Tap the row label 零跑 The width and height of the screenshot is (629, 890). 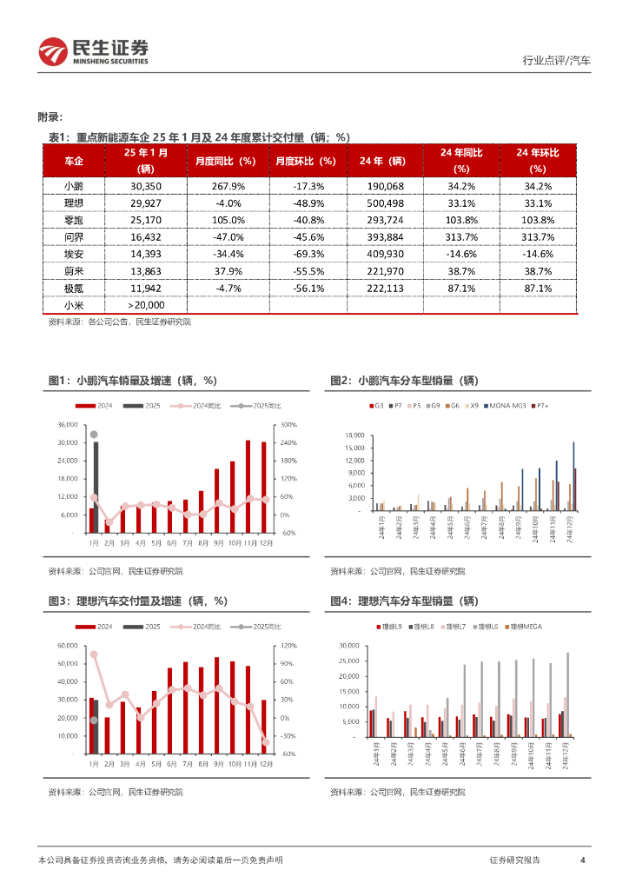tap(74, 220)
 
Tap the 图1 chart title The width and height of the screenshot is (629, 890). tap(132, 381)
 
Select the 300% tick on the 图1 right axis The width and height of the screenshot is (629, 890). tap(288, 425)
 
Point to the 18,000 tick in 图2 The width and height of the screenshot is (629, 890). tap(352, 435)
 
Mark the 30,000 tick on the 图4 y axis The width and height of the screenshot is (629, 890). tap(352, 646)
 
